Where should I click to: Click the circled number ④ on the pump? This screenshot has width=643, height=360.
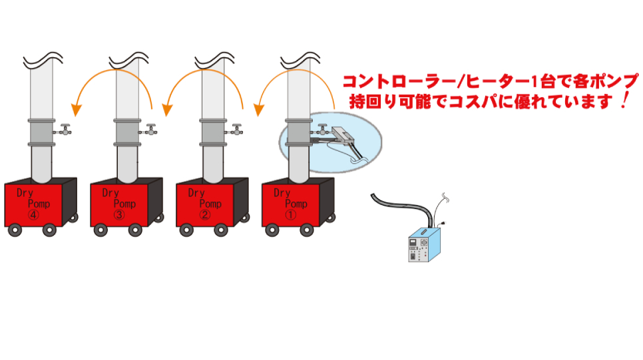pos(33,215)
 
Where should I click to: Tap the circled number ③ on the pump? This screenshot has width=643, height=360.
pos(119,215)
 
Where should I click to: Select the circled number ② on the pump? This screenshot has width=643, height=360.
pos(204,215)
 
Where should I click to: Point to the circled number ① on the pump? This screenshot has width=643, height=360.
pos(290,215)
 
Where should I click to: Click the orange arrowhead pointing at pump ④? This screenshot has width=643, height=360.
pos(77,110)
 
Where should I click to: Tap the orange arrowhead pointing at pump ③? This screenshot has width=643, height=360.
pos(167,110)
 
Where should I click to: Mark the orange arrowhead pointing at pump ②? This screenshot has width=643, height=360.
pos(258,110)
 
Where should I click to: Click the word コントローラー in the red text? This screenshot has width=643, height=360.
pos(398,82)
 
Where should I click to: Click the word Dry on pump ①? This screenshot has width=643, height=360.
pos(282,193)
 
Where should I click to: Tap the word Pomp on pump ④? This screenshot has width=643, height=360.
pos(39,204)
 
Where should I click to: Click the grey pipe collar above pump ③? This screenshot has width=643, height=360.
pos(128,132)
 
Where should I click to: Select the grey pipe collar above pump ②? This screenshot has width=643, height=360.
pos(213,132)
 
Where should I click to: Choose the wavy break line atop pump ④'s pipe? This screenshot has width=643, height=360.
pos(43,61)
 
